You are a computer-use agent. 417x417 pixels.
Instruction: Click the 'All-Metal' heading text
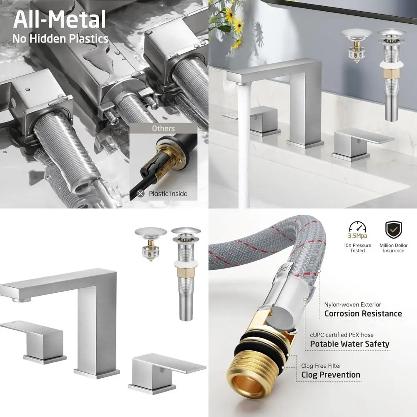(x=59, y=19)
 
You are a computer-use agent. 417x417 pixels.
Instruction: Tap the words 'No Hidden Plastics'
(x=60, y=39)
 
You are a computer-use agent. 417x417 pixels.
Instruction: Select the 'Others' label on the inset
(x=163, y=128)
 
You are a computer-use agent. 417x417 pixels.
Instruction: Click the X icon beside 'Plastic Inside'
(x=141, y=193)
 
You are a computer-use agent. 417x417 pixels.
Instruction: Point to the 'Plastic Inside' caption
(x=168, y=193)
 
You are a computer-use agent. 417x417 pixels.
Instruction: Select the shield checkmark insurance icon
(x=393, y=230)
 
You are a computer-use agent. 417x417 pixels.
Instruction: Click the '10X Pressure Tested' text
(x=357, y=248)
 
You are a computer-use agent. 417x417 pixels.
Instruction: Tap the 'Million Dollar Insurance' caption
(x=393, y=248)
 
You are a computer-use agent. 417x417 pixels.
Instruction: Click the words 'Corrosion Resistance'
(x=363, y=314)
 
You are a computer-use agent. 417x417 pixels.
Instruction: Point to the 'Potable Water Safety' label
(x=349, y=344)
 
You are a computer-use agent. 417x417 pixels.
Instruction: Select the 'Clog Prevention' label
(x=331, y=374)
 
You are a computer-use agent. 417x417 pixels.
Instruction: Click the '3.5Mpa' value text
(x=357, y=237)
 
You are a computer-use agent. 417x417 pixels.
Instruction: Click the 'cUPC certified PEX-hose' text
(x=342, y=335)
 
